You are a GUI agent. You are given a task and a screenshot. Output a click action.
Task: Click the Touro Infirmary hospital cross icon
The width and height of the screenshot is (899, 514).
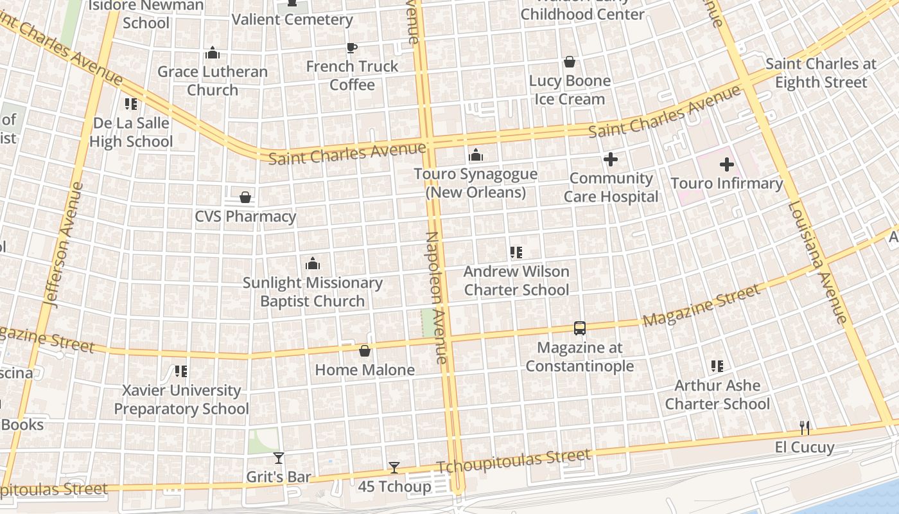point(726,164)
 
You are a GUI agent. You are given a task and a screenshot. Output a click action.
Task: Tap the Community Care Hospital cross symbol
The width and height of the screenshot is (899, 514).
point(611,159)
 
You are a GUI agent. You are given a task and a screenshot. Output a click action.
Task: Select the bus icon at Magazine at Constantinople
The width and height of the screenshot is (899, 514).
point(579,328)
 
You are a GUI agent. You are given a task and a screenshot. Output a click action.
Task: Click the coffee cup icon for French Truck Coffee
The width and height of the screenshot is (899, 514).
point(351,48)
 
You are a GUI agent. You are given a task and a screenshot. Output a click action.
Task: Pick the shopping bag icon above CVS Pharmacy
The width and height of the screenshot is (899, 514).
point(245,197)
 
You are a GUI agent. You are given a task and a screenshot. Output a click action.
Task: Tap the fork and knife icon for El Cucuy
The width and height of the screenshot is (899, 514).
point(804,427)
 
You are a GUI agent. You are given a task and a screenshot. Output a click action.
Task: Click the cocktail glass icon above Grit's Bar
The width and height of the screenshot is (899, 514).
point(278,457)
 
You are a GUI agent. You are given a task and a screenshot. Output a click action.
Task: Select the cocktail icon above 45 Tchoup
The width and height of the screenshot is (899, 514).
point(394,468)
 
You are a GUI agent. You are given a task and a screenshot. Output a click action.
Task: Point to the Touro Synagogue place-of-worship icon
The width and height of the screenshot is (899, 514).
point(475,155)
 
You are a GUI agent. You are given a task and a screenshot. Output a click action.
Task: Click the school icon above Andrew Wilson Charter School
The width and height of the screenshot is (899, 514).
point(516,253)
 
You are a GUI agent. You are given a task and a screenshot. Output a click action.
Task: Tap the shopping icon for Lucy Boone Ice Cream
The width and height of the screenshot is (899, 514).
point(569,62)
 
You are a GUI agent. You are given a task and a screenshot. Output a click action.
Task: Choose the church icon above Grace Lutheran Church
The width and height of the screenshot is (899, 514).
point(212,53)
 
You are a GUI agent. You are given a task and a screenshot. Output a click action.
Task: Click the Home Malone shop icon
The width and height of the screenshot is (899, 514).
point(364,351)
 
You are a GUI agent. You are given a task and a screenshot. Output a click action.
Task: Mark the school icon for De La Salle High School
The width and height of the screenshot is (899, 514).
point(131,103)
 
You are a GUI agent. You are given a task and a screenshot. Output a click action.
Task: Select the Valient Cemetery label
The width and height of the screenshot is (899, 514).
point(292,19)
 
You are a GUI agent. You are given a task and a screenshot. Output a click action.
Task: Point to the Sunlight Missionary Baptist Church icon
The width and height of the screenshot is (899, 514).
point(312,263)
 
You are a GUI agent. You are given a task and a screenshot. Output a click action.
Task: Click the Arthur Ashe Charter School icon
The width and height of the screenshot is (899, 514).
point(717,366)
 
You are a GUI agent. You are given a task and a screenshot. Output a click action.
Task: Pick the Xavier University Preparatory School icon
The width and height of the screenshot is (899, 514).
point(181,371)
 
